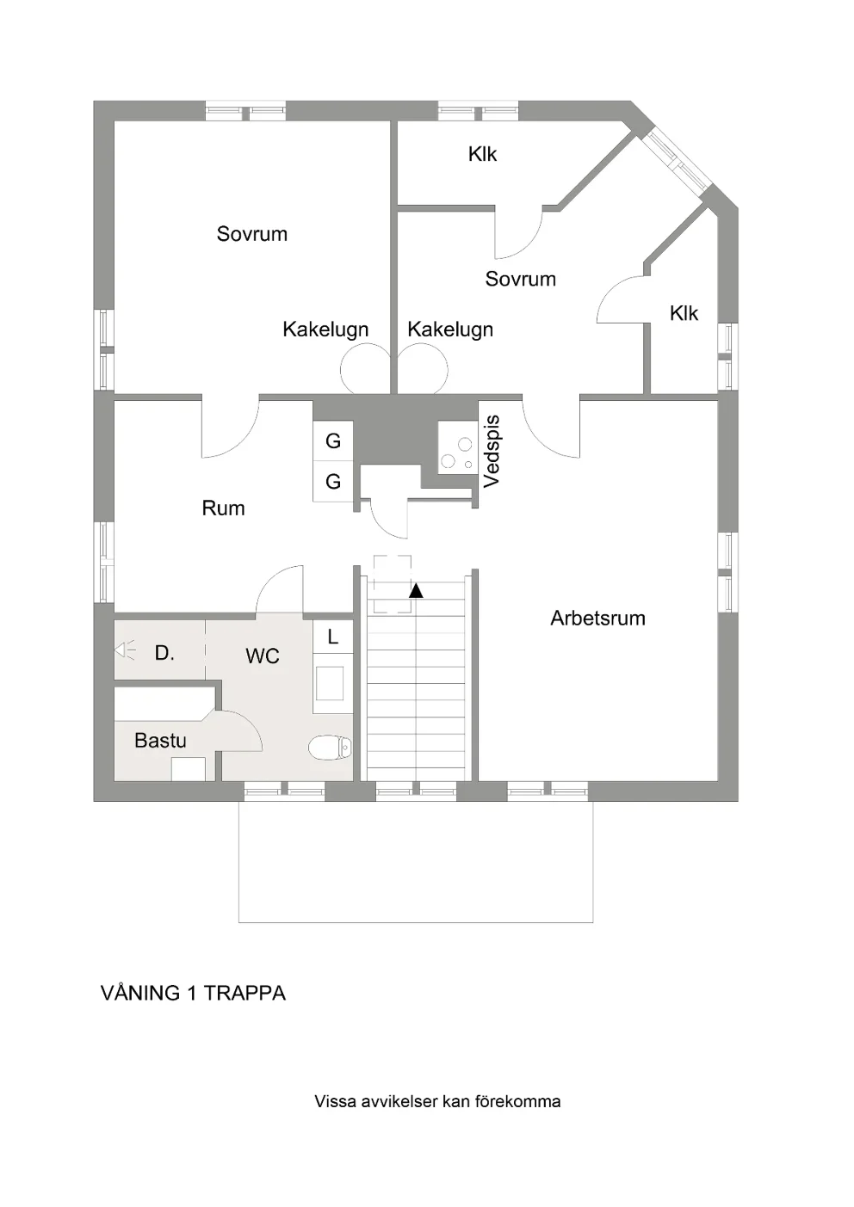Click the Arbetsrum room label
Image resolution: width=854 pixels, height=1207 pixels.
click(597, 618)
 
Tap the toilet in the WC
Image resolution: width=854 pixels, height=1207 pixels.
click(330, 748)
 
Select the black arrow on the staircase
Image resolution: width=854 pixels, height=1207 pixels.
click(416, 591)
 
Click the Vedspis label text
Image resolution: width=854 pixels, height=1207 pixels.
click(492, 452)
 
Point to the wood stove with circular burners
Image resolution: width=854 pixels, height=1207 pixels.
click(458, 447)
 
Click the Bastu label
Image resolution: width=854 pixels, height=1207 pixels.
click(160, 741)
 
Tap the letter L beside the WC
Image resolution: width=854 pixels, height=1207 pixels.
click(332, 637)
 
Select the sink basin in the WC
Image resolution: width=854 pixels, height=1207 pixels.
click(330, 683)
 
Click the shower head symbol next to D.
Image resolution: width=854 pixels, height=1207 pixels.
click(125, 650)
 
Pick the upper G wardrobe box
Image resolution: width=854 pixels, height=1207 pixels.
click(333, 440)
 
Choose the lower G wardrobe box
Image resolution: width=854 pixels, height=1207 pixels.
click(333, 481)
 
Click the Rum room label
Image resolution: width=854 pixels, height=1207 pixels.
click(223, 508)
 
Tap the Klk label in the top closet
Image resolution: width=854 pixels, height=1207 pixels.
click(482, 154)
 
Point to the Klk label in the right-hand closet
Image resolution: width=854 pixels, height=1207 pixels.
click(684, 313)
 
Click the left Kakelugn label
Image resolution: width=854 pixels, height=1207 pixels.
click(325, 329)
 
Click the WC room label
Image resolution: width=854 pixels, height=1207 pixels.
click(263, 656)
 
